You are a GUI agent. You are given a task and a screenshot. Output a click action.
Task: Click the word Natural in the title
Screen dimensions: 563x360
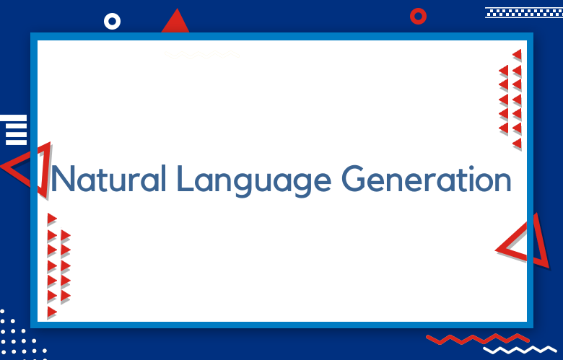pyautogui.click(x=109, y=178)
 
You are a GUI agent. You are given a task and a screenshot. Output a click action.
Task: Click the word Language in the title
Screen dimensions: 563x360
pyautogui.click(x=254, y=181)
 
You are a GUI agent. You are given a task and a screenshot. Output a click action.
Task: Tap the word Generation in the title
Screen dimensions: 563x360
pyautogui.click(x=426, y=178)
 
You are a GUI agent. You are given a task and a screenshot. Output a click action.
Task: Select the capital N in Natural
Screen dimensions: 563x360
pyautogui.click(x=64, y=178)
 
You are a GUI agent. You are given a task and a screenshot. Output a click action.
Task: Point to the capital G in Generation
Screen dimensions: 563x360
pyautogui.click(x=354, y=178)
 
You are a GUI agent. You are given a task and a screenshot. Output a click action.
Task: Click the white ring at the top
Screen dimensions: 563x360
pyautogui.click(x=112, y=21)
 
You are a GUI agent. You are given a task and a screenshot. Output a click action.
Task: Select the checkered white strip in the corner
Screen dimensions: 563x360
pyautogui.click(x=524, y=12)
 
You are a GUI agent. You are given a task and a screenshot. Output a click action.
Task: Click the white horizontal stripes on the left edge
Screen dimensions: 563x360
pyautogui.click(x=14, y=130)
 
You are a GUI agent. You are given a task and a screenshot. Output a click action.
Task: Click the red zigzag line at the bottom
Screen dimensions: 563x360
pyautogui.click(x=478, y=338)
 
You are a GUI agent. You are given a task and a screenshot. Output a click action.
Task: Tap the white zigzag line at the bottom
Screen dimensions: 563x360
pyautogui.click(x=520, y=350)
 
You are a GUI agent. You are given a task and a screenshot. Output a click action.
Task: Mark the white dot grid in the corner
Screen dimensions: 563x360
pyautogui.click(x=22, y=335)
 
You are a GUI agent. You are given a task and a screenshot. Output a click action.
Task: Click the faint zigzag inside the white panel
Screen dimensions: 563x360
pyautogui.click(x=202, y=55)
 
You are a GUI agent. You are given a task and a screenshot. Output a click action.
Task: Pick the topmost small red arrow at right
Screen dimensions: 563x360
pyautogui.click(x=517, y=55)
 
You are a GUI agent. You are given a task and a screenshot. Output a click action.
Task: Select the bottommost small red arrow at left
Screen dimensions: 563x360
pyautogui.click(x=52, y=312)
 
